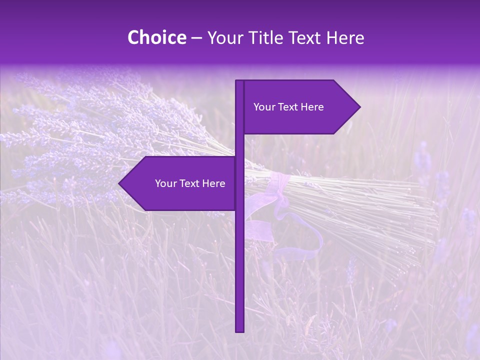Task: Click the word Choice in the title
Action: [157, 37]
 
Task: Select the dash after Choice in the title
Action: [196, 38]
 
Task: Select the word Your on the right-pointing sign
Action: [264, 107]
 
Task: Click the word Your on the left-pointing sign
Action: [165, 183]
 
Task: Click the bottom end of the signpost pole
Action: [239, 330]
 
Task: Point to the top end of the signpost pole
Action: [239, 82]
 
